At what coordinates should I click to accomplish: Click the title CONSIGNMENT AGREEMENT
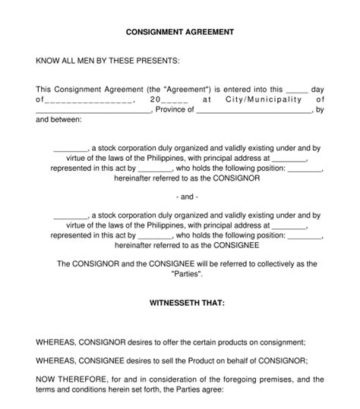point(179,33)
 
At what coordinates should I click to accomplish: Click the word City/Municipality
point(258,99)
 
